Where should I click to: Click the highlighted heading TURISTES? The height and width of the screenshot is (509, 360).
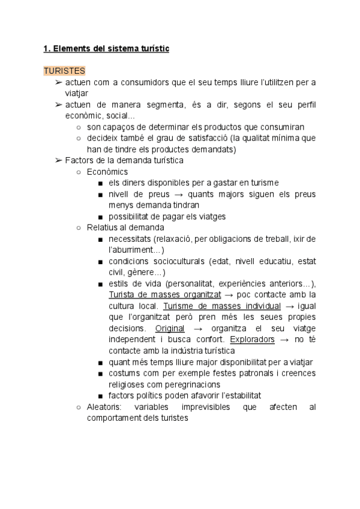64,71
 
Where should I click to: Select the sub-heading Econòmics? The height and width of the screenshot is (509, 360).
107,172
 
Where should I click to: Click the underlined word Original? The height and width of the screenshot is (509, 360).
170,328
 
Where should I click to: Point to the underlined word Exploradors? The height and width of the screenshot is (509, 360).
253,339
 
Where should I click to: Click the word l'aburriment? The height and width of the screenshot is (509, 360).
134,250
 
